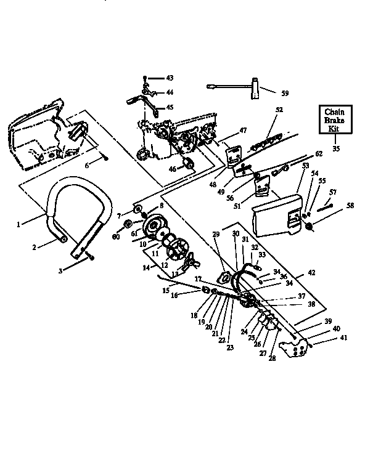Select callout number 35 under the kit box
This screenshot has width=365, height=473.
(335, 148)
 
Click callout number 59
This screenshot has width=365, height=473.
(284, 94)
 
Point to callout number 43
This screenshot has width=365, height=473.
(170, 78)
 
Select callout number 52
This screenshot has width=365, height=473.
(279, 110)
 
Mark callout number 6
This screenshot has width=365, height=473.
(87, 165)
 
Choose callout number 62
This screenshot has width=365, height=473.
(319, 153)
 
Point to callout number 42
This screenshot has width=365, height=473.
(311, 272)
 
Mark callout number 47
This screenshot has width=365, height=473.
(243, 131)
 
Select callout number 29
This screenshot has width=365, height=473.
(216, 234)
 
